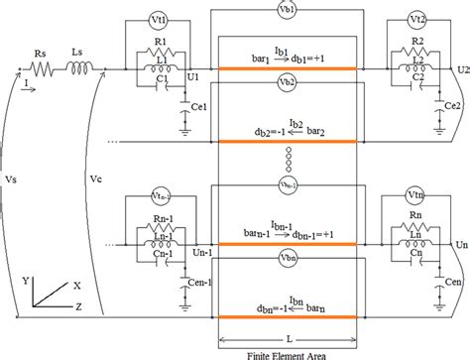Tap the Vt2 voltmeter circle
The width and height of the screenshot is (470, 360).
pos(418,20)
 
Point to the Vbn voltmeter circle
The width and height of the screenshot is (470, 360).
pos(289,256)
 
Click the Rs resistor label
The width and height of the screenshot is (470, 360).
pos(41,56)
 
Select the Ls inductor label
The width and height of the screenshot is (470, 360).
pos(78,56)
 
